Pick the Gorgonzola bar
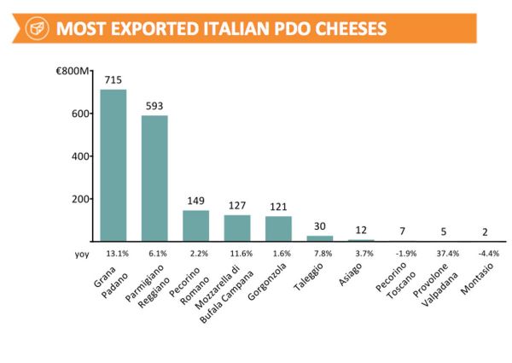pos(278,228)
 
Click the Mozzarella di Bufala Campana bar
pos(237,227)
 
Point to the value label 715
pos(113,79)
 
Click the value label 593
pos(154,107)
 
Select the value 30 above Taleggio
pos(320,225)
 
